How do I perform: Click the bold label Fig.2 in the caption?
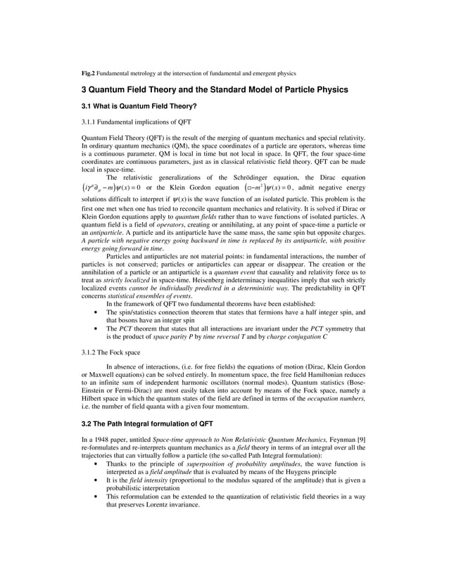coord(88,72)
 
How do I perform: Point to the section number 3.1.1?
coord(91,121)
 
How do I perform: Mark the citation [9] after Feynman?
coord(359,440)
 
